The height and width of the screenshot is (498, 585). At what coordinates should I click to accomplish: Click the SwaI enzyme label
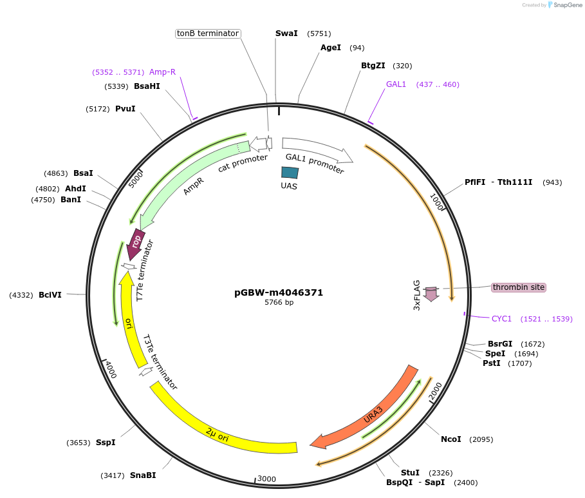tap(286, 34)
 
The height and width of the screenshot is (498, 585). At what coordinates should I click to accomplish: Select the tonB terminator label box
tap(208, 34)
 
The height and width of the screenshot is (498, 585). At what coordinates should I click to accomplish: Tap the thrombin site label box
tap(519, 287)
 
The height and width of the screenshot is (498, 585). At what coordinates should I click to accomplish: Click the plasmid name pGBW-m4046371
tap(279, 292)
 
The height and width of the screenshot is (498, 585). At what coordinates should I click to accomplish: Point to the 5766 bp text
tap(279, 302)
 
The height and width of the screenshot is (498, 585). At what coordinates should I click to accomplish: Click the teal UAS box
tap(290, 173)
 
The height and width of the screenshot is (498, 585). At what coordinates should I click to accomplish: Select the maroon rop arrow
tap(136, 243)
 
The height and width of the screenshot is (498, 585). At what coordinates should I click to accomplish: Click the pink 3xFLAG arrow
tap(431, 294)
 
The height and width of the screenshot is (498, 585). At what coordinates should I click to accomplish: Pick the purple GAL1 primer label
tap(396, 84)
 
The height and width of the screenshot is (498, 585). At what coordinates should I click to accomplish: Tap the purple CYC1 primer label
tap(501, 319)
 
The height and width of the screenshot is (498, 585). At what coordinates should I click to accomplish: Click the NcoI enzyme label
tap(450, 439)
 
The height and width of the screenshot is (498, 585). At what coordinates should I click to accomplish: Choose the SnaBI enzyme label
tap(143, 475)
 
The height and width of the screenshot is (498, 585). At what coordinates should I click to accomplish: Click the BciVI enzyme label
tap(50, 295)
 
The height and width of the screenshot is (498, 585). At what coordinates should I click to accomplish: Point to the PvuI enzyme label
tap(125, 109)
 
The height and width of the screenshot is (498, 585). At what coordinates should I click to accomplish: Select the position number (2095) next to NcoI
tap(481, 439)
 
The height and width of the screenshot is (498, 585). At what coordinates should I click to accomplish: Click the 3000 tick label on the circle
tap(266, 479)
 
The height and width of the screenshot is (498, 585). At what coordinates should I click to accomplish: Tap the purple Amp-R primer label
tap(162, 72)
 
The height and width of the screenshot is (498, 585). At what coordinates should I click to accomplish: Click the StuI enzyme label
tap(410, 473)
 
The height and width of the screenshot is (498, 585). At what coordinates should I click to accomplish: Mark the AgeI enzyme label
tap(331, 48)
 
